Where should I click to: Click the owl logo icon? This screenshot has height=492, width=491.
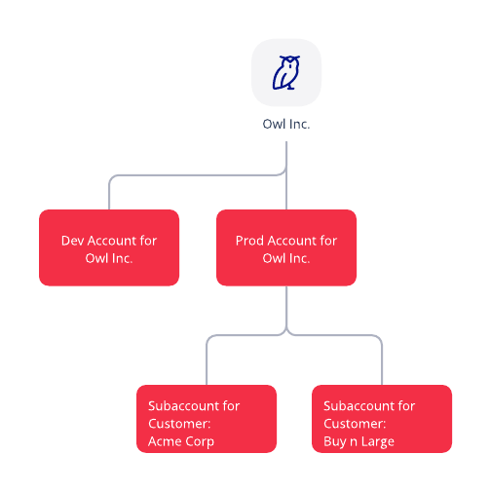pyautogui.click(x=286, y=73)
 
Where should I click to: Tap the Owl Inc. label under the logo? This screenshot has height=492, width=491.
pyautogui.click(x=286, y=124)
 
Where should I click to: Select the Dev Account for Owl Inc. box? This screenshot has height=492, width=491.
pyautogui.click(x=109, y=247)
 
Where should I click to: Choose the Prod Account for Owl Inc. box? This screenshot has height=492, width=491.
pyautogui.click(x=286, y=247)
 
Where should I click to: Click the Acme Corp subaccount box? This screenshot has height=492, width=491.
pyautogui.click(x=207, y=419)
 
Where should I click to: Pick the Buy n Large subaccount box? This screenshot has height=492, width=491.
pyautogui.click(x=382, y=419)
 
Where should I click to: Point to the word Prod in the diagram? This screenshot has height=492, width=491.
pyautogui.click(x=250, y=241)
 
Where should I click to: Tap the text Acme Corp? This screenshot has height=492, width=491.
pyautogui.click(x=181, y=441)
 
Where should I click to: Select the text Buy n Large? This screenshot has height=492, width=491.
pyautogui.click(x=359, y=441)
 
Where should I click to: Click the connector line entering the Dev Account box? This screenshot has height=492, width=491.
pyautogui.click(x=109, y=195)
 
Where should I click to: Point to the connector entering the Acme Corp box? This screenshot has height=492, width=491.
pyautogui.click(x=207, y=365)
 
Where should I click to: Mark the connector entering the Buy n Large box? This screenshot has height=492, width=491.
pyautogui.click(x=382, y=365)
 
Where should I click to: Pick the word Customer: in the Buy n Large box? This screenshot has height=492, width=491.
pyautogui.click(x=355, y=424)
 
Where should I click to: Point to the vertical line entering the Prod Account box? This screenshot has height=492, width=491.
pyautogui.click(x=286, y=195)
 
